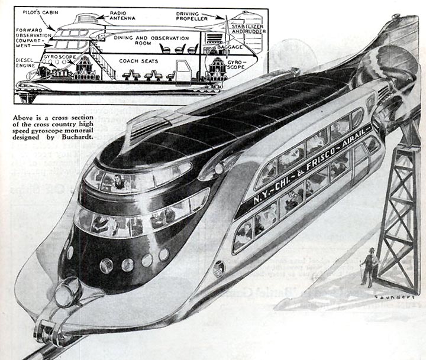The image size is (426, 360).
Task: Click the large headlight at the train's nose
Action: click(66, 293)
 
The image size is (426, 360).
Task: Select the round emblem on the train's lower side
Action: click(219, 267)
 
